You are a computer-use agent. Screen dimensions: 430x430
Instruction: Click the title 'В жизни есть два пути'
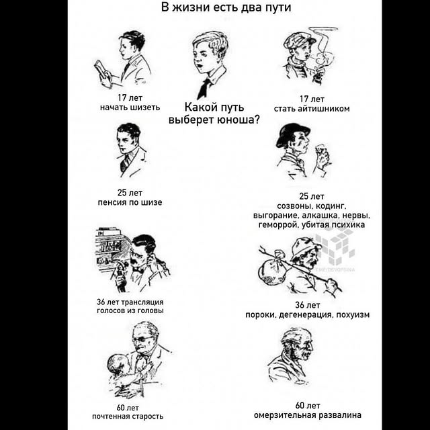226,7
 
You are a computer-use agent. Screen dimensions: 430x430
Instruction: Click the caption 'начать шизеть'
130,107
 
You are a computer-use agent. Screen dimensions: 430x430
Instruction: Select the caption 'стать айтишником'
312,109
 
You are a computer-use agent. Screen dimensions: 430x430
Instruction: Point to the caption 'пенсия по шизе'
130,202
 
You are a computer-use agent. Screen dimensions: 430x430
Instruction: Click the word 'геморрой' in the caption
278,225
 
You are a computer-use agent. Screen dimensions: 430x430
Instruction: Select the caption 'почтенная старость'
128,417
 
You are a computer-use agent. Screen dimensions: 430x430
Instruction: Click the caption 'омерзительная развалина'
308,415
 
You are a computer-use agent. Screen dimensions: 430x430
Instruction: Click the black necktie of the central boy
204,88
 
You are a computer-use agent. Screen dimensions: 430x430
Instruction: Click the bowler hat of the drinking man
292,134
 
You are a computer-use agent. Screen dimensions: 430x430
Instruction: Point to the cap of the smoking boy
298,40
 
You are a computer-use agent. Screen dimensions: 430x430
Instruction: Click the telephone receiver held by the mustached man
121,270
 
